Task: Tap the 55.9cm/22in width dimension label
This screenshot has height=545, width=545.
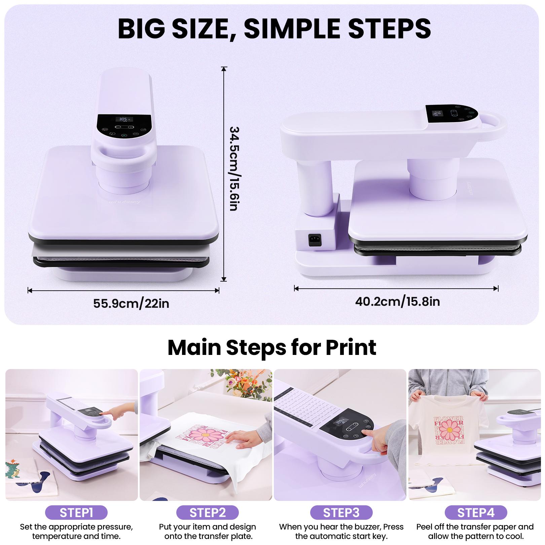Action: [x=131, y=303]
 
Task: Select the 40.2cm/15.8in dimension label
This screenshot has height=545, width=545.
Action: [x=397, y=301]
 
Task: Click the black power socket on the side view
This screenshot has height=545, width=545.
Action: [x=315, y=240]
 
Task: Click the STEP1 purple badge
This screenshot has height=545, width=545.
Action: [x=76, y=513]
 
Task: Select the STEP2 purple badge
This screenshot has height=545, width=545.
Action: [x=207, y=513]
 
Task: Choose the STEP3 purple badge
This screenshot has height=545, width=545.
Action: [x=341, y=513]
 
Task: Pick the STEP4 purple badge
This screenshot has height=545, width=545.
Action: [x=475, y=513]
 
